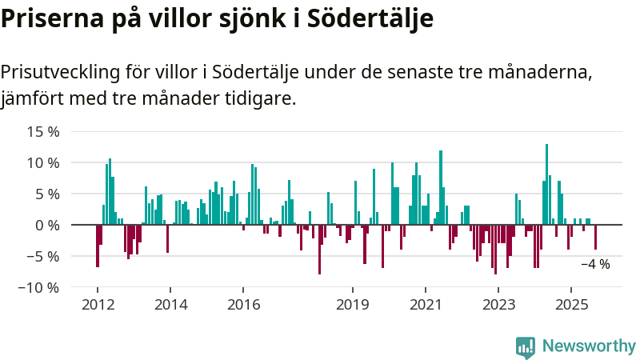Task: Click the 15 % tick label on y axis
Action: (x=42, y=131)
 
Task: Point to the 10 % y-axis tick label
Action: (x=42, y=162)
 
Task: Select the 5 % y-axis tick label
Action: (x=46, y=194)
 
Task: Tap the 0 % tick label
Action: (x=46, y=225)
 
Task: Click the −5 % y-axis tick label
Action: (x=42, y=256)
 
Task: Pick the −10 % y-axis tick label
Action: (x=38, y=287)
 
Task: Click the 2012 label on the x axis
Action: (x=98, y=305)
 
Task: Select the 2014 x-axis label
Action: (x=170, y=305)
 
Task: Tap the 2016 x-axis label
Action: (x=244, y=305)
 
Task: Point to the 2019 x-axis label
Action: (x=353, y=305)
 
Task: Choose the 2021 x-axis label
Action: (x=426, y=305)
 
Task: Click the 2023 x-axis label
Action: (x=499, y=305)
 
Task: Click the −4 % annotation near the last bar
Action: (x=595, y=264)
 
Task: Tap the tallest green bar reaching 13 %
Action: (x=546, y=184)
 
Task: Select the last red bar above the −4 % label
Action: (x=595, y=238)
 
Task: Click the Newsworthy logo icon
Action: (x=526, y=346)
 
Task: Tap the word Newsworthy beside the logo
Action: (x=589, y=346)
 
